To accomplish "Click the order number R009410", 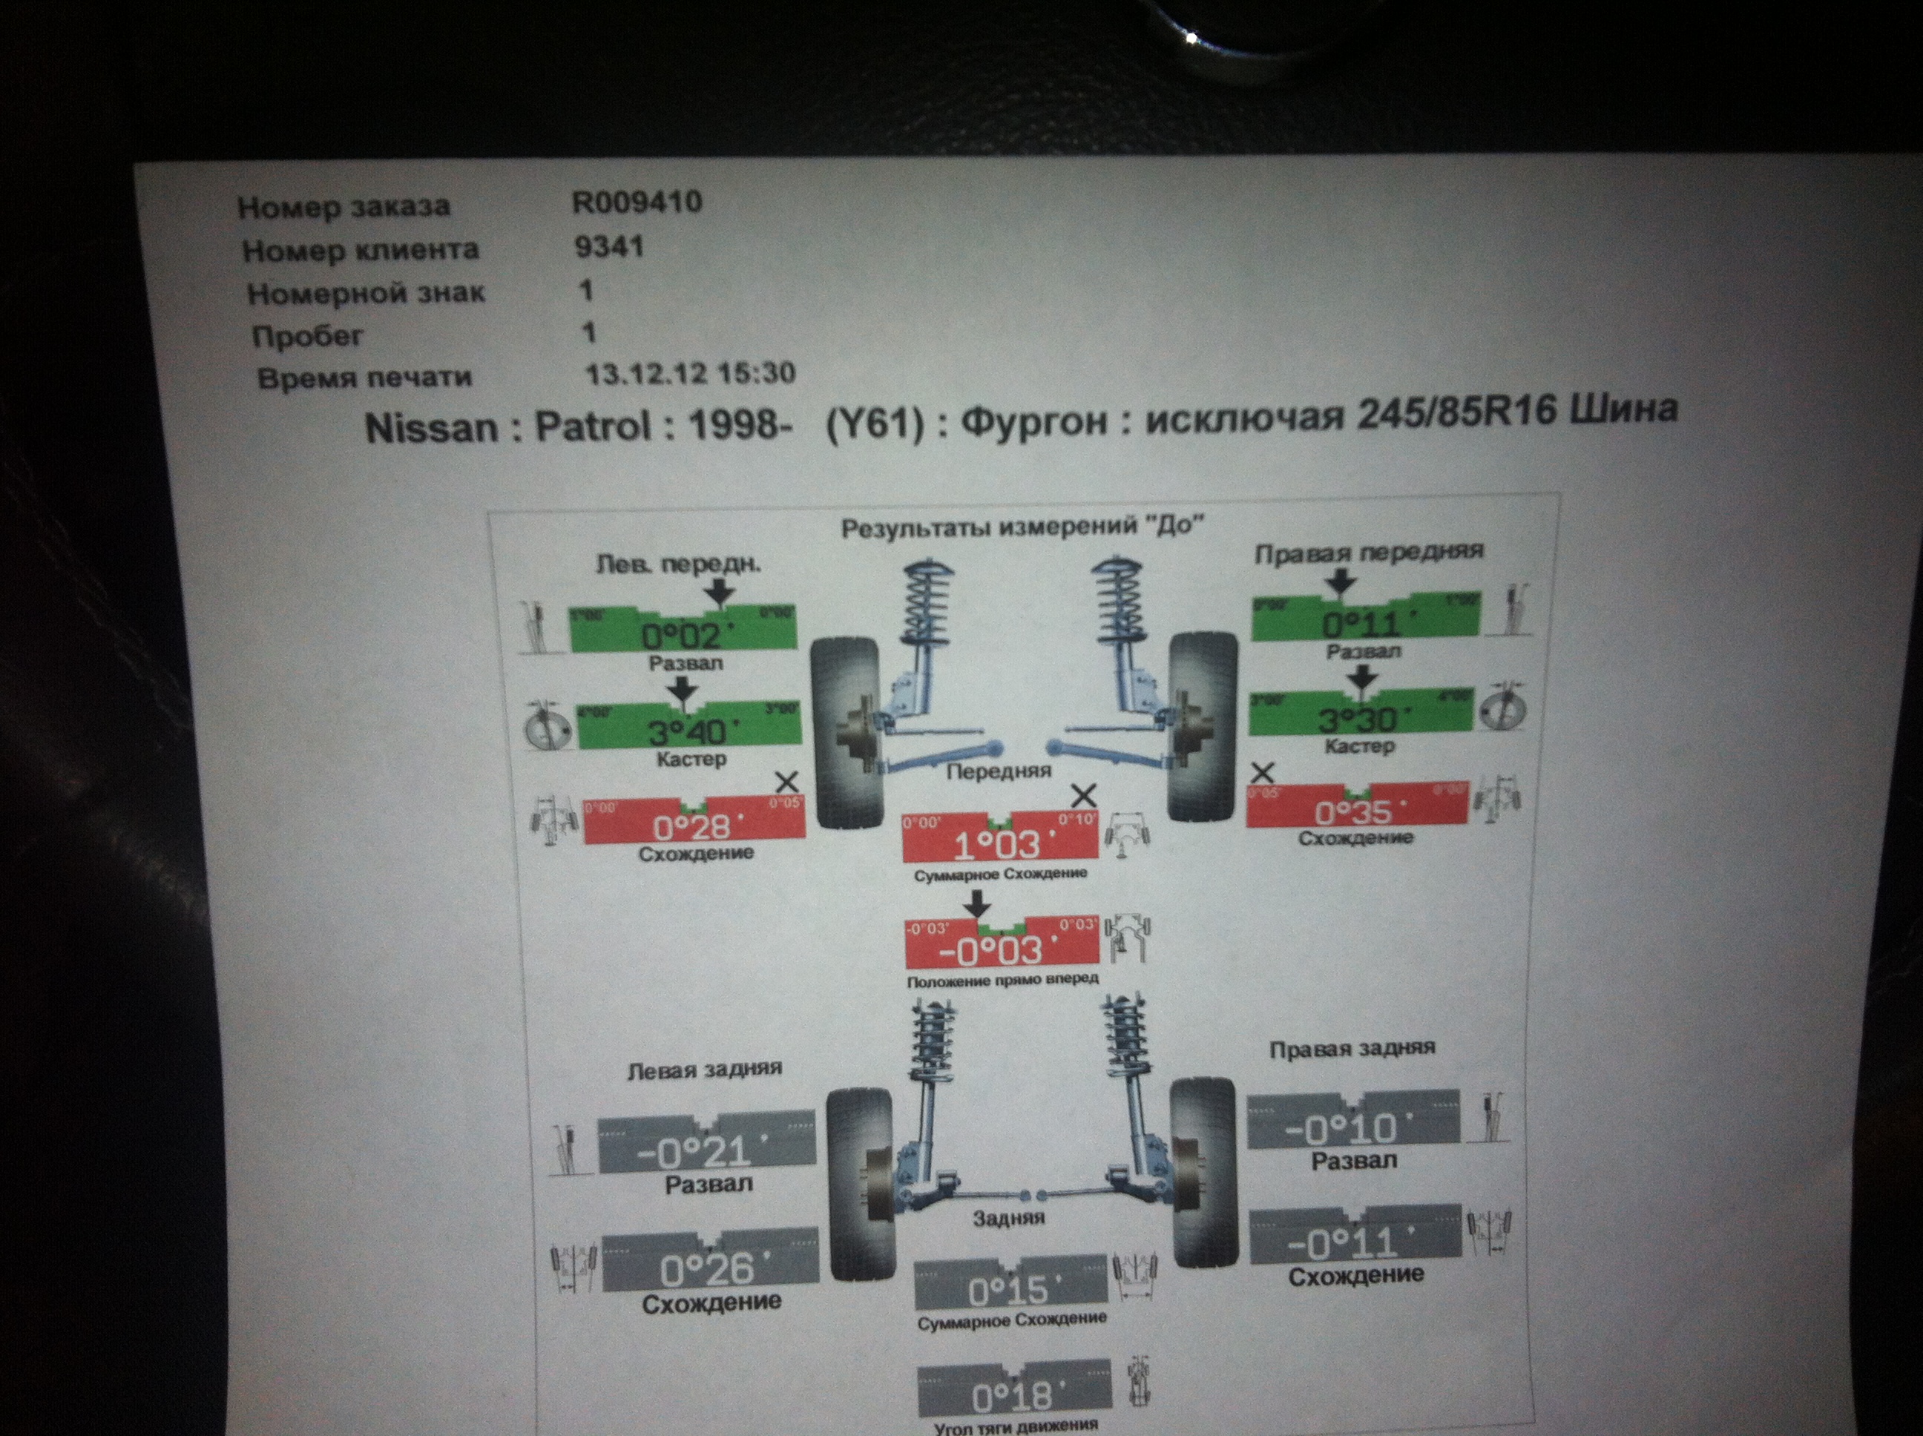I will tap(637, 202).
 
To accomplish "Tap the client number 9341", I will tap(608, 247).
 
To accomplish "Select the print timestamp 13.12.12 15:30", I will tap(690, 374).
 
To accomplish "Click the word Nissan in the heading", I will tap(431, 428).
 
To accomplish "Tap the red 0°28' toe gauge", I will tap(694, 821).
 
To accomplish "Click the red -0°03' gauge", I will tap(1002, 943).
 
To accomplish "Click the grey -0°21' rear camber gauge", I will tap(706, 1144).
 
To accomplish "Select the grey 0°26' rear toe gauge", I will tap(709, 1262).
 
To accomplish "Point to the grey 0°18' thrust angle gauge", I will tap(1013, 1390).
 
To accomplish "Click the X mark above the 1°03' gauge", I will tap(1083, 794).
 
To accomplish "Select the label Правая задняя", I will tap(1352, 1049).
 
